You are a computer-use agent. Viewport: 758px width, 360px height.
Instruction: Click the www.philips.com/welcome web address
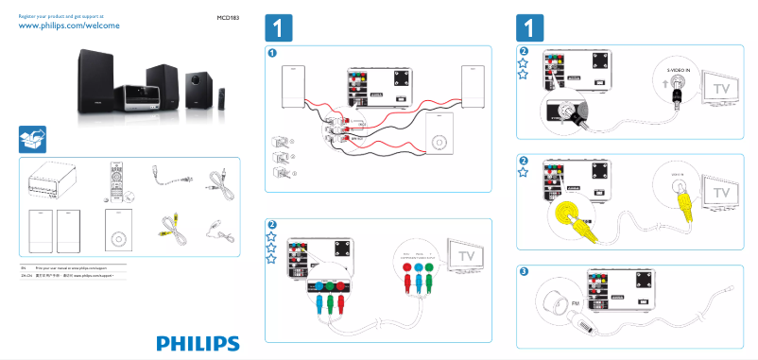point(69,26)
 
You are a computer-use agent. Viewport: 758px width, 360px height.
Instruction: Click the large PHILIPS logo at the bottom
point(198,343)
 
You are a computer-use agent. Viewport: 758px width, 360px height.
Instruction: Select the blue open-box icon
point(33,139)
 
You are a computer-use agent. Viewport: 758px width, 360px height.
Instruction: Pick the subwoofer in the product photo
point(199,91)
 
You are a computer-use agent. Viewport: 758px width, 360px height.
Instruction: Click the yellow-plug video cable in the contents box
point(169,225)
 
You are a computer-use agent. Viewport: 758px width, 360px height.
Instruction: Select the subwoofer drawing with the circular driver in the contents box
point(116,231)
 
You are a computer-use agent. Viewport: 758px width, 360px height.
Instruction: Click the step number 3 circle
point(525,272)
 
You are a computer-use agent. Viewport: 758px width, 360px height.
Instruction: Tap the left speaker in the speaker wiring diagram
point(293,87)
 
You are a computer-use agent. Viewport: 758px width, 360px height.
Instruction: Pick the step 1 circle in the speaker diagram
point(273,53)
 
